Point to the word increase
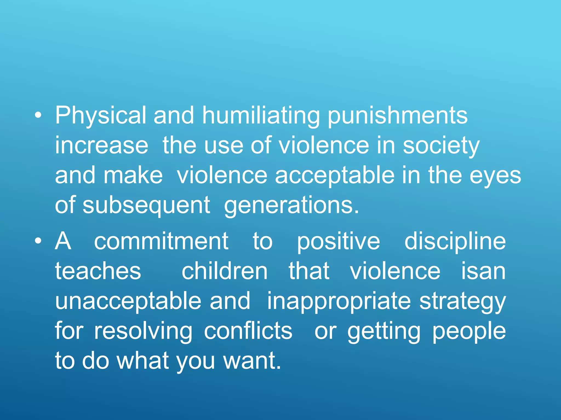click(102, 145)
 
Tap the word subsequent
click(146, 206)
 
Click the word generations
click(291, 206)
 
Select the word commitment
click(161, 241)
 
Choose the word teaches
click(98, 271)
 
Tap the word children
click(225, 271)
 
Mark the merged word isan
click(483, 271)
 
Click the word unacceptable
click(128, 301)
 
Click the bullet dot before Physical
click(38, 116)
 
